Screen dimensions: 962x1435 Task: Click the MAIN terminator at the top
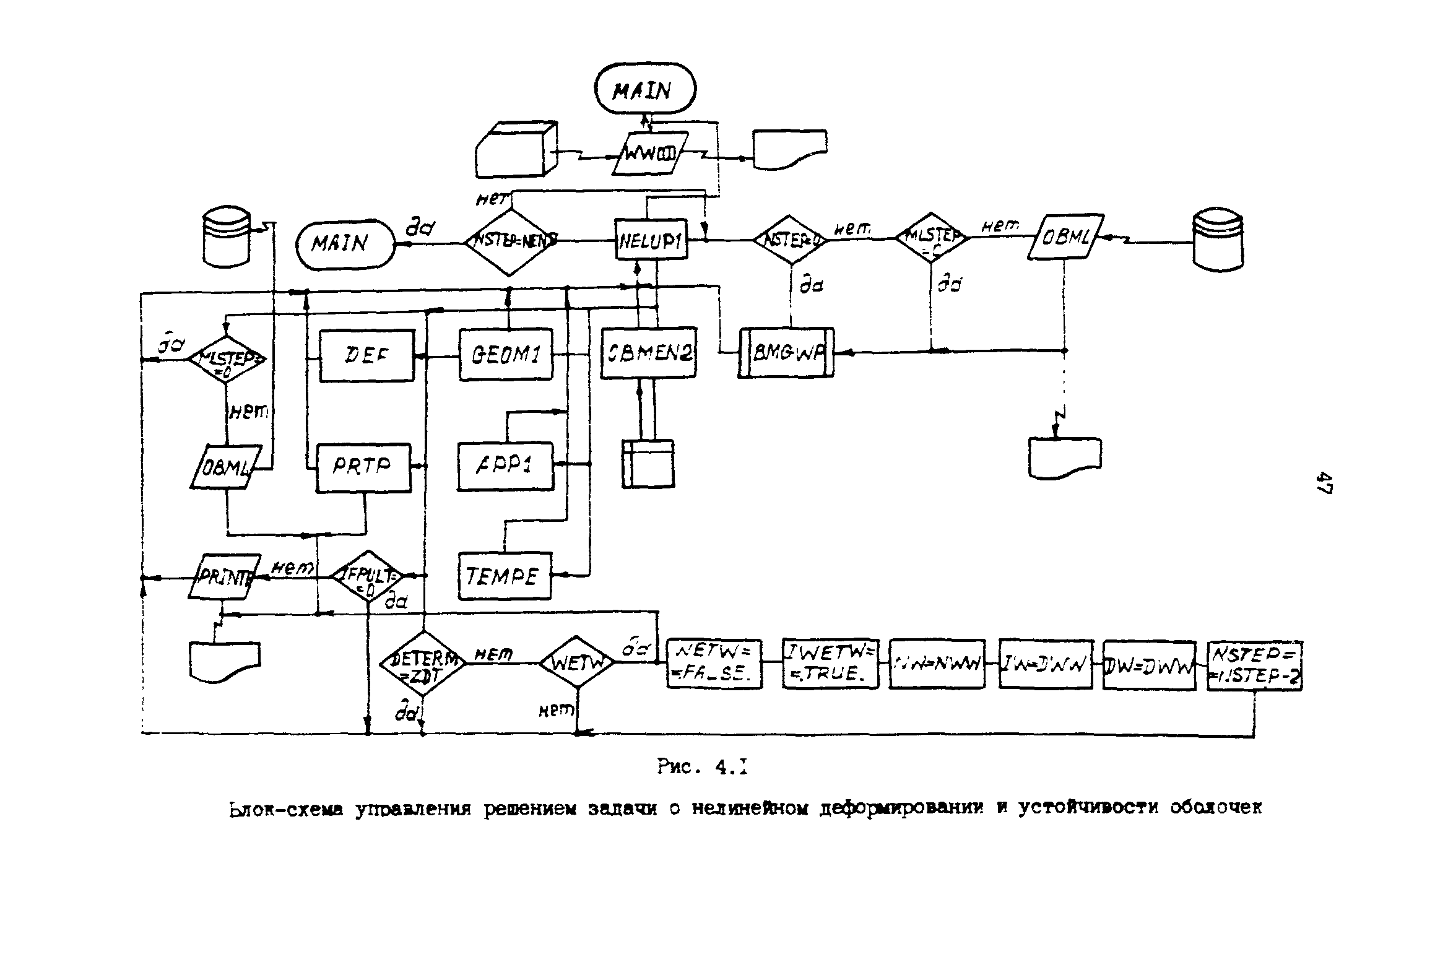(645, 90)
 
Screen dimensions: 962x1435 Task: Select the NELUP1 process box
(651, 240)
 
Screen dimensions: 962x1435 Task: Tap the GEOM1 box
(506, 354)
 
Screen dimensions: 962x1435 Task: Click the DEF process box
(366, 355)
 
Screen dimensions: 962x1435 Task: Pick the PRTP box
(363, 467)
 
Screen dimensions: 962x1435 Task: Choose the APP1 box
(506, 466)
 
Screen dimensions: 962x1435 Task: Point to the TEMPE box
(505, 576)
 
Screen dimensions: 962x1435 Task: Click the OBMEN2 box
(648, 353)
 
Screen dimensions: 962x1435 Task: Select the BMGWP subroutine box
(786, 352)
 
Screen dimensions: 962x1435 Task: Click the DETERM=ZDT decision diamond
(423, 663)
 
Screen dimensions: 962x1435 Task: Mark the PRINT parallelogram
(224, 576)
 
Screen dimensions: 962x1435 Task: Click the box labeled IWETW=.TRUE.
(830, 664)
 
